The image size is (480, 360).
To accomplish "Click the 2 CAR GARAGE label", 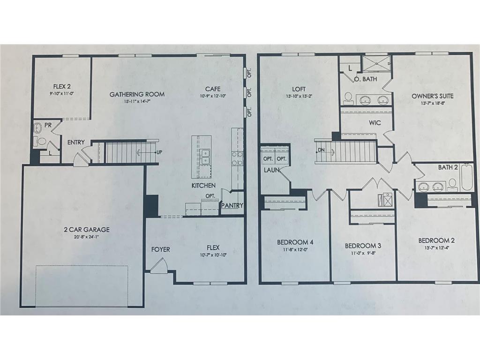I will (x=87, y=229).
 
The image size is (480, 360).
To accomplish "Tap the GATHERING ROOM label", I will (x=137, y=94).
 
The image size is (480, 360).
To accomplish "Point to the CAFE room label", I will (x=213, y=89).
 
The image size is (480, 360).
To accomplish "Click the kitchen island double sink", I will (x=205, y=157).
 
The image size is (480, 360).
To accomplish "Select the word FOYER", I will (x=160, y=249).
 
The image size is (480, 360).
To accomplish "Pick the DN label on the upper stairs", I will (x=321, y=150).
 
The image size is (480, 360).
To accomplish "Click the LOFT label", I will (x=299, y=89).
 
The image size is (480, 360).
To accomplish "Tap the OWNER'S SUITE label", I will (x=433, y=96).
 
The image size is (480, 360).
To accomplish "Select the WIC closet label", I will (x=375, y=123).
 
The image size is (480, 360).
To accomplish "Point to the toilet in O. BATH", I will (x=348, y=97).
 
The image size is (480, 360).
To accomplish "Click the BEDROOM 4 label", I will (x=295, y=242).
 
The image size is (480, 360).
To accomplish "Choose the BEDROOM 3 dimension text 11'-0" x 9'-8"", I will (x=363, y=254).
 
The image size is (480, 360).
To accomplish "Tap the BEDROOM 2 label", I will (x=436, y=240).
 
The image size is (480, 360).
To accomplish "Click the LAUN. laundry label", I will (x=270, y=171).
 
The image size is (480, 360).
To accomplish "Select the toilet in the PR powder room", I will (x=41, y=141).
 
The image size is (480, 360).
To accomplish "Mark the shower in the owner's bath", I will (x=376, y=63).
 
